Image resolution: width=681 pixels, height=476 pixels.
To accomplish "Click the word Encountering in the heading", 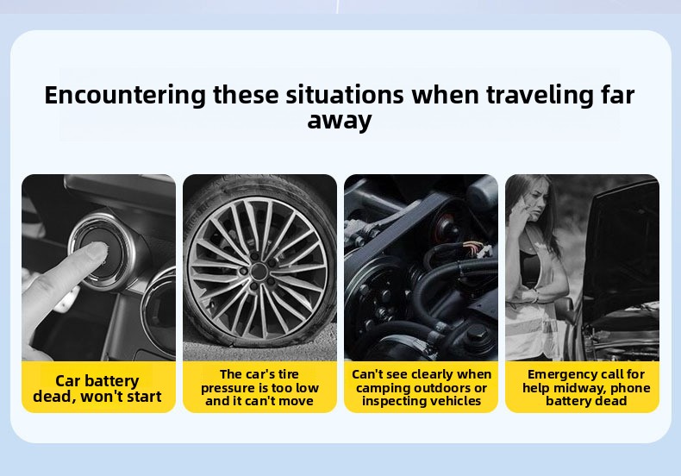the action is point(125,96).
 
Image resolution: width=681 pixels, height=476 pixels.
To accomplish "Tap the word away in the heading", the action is point(340,121).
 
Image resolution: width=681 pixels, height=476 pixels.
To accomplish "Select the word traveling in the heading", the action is point(540,96).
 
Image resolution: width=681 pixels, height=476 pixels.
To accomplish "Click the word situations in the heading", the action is point(345,95).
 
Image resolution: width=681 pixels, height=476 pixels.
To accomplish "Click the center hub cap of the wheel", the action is point(259,272).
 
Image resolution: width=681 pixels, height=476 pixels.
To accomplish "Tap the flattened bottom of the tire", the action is point(260,341).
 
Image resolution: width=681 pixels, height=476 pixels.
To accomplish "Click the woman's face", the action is point(535,201).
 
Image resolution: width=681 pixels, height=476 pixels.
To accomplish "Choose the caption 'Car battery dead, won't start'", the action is point(97,388).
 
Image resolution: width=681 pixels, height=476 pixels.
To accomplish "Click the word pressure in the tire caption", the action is point(230,388).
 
